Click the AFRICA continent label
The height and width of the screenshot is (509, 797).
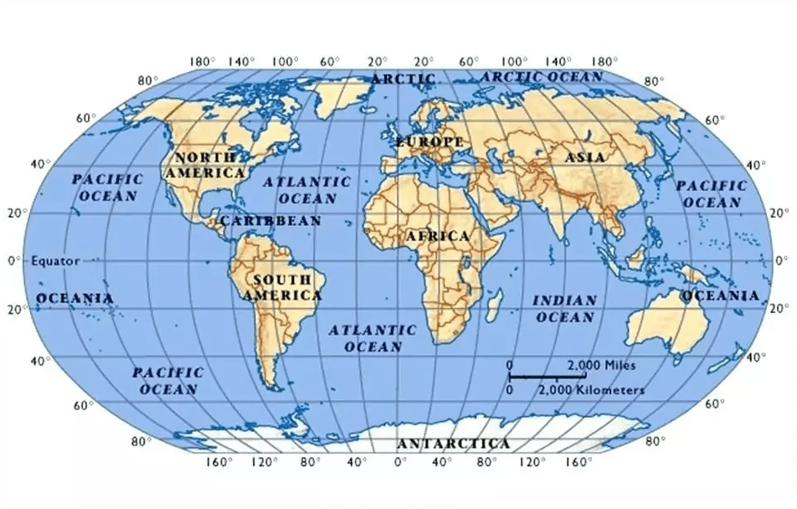[438, 237]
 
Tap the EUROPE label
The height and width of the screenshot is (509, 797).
[429, 141]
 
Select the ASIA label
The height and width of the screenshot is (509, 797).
[585, 157]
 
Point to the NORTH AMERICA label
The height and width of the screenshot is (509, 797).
[205, 165]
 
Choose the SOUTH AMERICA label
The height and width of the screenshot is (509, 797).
[282, 287]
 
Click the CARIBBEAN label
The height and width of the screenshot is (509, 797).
[270, 221]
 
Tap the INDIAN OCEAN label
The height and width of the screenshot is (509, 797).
[564, 308]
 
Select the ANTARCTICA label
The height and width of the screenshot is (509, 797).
[453, 443]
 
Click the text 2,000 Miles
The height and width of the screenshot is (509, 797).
[601, 365]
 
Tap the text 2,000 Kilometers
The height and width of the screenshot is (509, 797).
[591, 390]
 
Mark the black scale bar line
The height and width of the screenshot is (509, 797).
[552, 377]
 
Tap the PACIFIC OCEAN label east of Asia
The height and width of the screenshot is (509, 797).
[712, 193]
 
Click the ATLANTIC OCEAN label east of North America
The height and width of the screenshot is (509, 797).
[307, 190]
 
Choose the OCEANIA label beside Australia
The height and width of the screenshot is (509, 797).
[721, 296]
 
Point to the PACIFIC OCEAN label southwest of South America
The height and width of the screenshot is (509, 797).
[168, 380]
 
